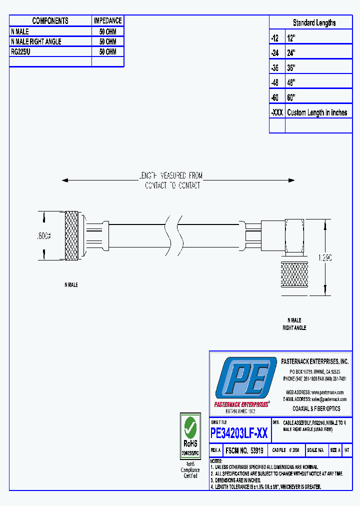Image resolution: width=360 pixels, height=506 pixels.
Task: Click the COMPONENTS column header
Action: tap(50, 21)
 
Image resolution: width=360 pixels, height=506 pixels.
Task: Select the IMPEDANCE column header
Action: tap(107, 21)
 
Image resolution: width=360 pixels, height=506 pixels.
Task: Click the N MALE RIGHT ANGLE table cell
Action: tap(36, 41)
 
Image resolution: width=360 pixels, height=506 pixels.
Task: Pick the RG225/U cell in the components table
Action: tap(21, 51)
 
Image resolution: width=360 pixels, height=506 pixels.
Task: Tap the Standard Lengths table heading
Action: tap(314, 23)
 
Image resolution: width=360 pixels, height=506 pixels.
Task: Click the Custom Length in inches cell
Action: tap(317, 112)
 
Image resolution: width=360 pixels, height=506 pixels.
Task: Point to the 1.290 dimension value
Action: tap(325, 257)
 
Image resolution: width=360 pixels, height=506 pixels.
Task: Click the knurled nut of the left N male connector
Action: tap(71, 236)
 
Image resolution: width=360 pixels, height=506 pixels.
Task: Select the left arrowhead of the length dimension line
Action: tap(65, 180)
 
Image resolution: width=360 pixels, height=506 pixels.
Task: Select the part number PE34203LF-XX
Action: tap(239, 433)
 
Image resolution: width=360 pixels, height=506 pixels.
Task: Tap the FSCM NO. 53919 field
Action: tap(244, 450)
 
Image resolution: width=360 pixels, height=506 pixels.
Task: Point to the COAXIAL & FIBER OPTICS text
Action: tap(316, 408)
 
